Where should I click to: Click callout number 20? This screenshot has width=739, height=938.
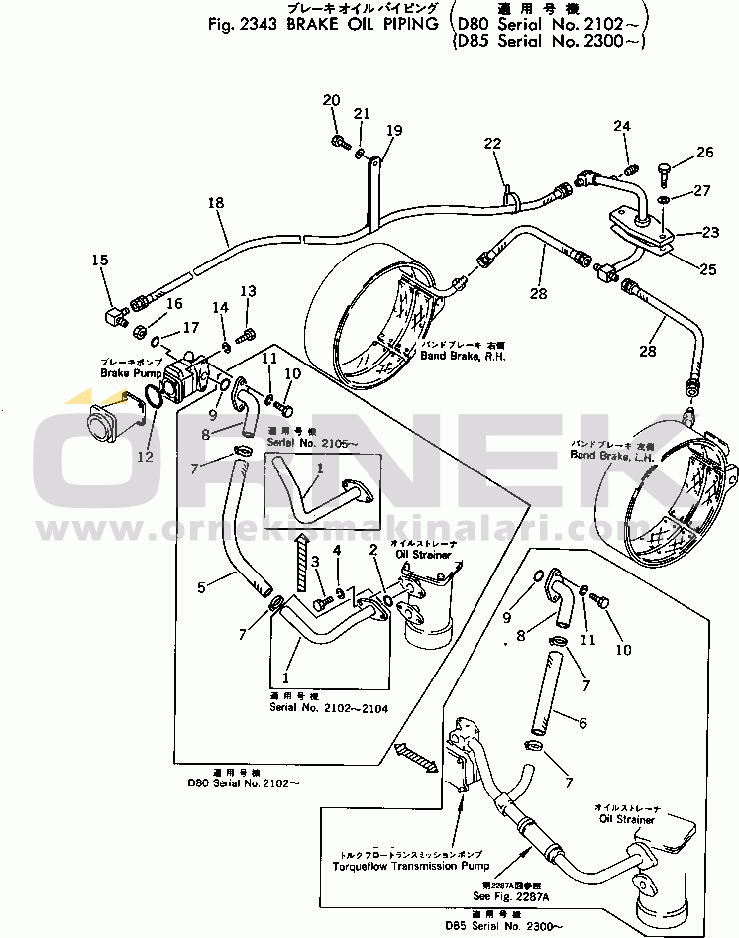(x=331, y=99)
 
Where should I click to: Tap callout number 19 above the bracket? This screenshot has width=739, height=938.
(x=394, y=130)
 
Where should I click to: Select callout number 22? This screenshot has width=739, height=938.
(x=492, y=145)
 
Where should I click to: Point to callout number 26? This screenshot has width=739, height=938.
(x=704, y=152)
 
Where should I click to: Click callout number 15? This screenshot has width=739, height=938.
(x=100, y=261)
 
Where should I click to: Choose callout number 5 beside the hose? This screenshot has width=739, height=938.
(x=202, y=587)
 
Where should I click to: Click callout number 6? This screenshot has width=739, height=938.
(x=582, y=723)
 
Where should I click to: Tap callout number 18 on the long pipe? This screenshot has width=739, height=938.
(x=216, y=203)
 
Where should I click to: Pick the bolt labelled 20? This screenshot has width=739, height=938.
(x=338, y=140)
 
